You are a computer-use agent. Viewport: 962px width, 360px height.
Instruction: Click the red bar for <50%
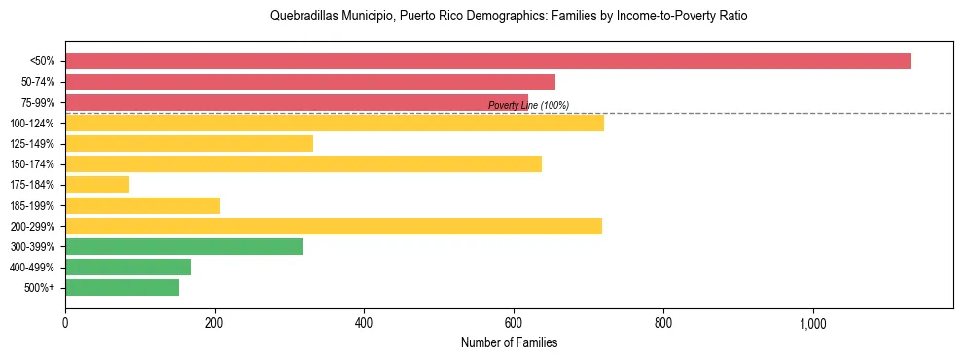click(x=487, y=61)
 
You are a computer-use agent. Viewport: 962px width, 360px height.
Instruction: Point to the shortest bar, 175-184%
click(x=97, y=185)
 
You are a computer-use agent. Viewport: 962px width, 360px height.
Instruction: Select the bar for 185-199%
click(x=142, y=205)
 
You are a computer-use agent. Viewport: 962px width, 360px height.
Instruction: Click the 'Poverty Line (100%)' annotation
click(x=528, y=105)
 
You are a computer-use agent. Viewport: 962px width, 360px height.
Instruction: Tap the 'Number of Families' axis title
click(x=509, y=342)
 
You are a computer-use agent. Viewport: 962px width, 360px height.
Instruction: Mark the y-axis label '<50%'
click(x=43, y=61)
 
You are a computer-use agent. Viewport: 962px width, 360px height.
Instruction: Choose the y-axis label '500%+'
click(x=40, y=287)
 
